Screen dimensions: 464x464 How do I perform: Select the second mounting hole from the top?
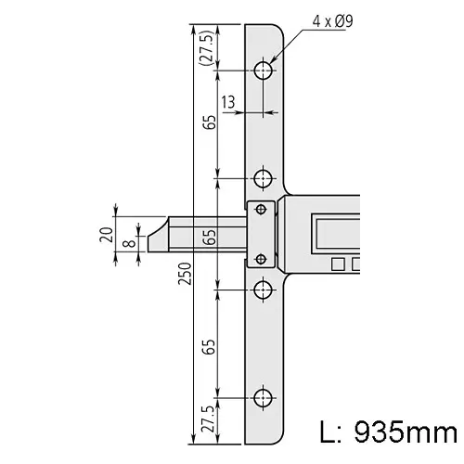tap(264, 177)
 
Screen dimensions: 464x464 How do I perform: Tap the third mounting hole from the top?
tap(264, 289)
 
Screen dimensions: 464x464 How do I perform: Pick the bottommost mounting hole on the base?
tap(264, 398)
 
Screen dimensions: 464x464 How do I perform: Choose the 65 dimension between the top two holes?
tap(210, 122)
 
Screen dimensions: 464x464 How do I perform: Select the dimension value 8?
tap(127, 244)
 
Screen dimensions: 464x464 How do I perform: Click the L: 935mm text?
tap(388, 432)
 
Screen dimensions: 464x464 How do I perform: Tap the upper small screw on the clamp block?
tap(261, 208)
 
